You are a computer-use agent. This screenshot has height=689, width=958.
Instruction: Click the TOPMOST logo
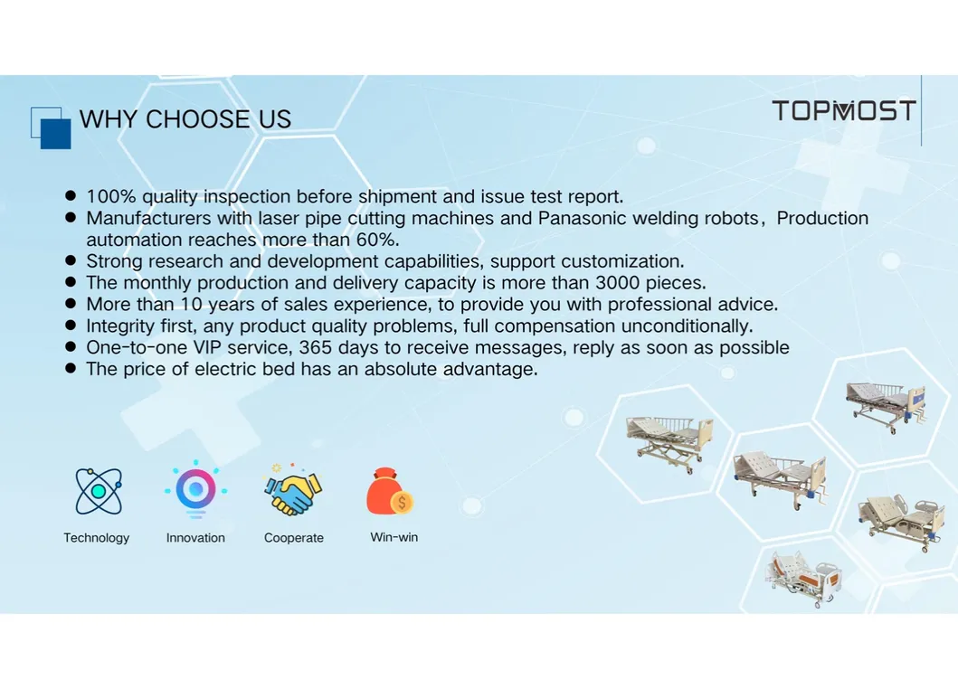(x=843, y=111)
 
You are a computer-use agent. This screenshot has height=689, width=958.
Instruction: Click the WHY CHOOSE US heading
(x=185, y=119)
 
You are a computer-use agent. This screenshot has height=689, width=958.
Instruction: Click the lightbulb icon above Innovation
(x=195, y=489)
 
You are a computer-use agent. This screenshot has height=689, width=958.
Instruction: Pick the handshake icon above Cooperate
(x=293, y=490)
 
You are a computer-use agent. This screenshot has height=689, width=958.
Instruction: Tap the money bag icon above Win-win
(x=391, y=491)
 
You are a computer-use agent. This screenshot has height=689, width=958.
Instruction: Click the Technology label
(x=96, y=538)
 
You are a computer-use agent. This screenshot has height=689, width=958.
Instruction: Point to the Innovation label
(x=195, y=538)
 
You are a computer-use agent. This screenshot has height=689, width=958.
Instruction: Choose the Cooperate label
(x=293, y=538)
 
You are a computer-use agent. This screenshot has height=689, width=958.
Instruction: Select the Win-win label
(x=394, y=537)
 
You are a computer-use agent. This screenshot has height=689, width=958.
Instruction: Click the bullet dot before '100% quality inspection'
(x=70, y=195)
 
